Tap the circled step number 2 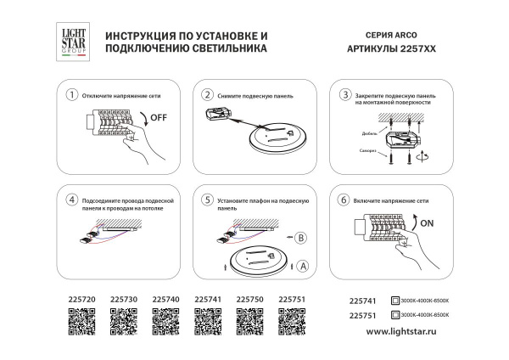(x=207, y=95)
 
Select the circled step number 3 (x=344, y=94)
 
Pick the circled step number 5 (x=207, y=200)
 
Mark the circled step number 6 (x=344, y=200)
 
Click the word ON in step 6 (x=428, y=226)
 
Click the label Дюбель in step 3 (x=357, y=133)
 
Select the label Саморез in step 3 (x=356, y=150)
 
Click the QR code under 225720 (x=81, y=323)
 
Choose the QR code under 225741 (x=208, y=323)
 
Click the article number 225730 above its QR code (x=124, y=300)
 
